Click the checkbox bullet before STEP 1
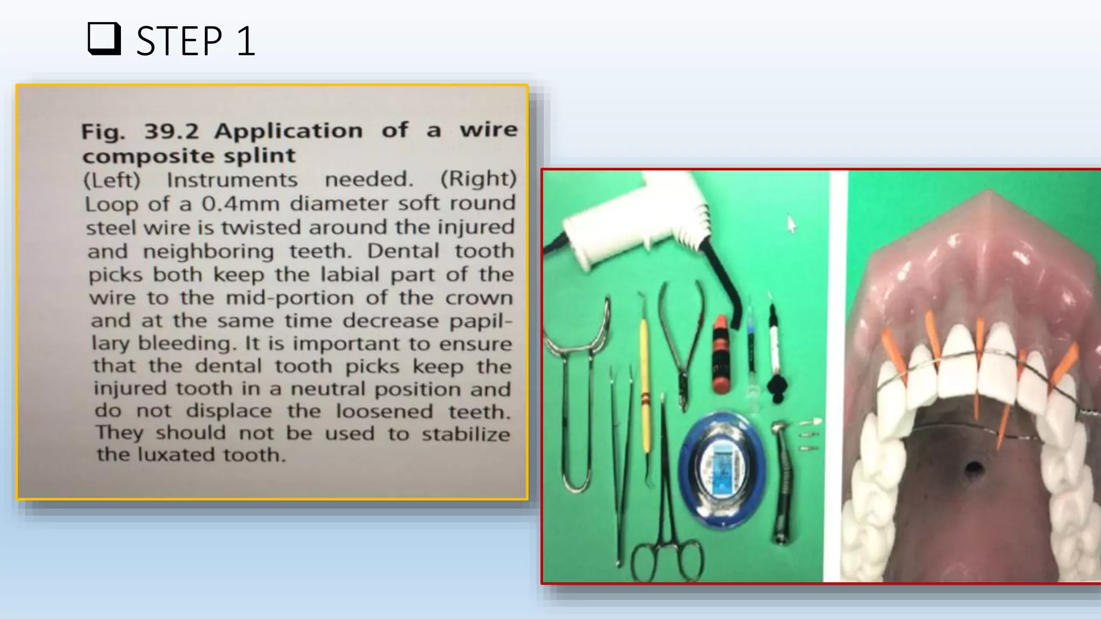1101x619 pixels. click(x=104, y=39)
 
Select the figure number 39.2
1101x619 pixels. click(x=171, y=131)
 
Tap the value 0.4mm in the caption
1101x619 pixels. click(x=241, y=204)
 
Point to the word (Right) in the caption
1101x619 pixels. click(x=478, y=179)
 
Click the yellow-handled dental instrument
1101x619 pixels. click(x=645, y=387)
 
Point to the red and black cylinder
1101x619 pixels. click(x=721, y=355)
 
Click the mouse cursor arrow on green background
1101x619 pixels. click(x=791, y=223)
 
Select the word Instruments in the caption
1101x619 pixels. click(x=232, y=180)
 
